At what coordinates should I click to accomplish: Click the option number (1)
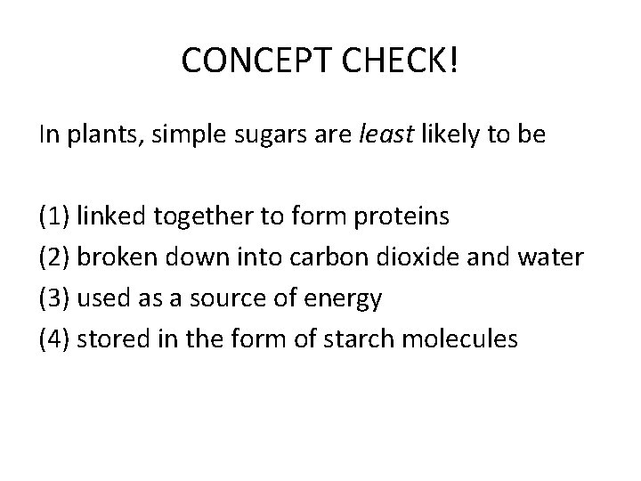[x=54, y=216]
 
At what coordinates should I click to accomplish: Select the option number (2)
[x=54, y=257]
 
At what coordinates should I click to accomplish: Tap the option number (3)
[x=54, y=298]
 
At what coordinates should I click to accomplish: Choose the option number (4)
[x=54, y=339]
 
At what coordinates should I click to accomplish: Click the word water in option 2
[x=557, y=257]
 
